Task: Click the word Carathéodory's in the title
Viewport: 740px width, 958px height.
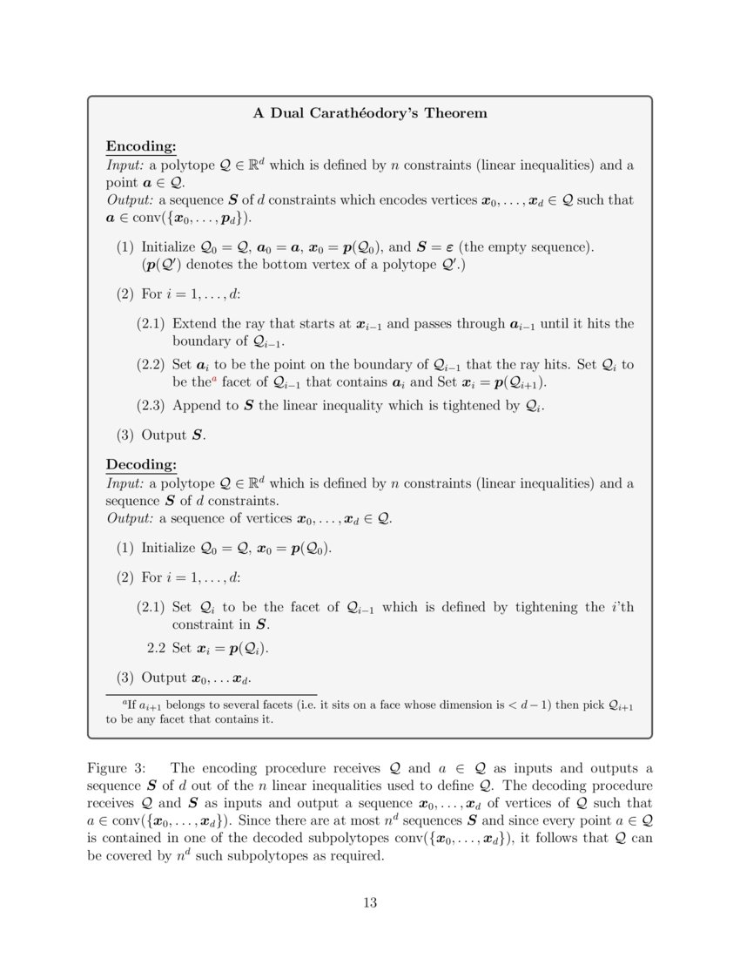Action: (381, 113)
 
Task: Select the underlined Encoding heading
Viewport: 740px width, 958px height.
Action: (141, 146)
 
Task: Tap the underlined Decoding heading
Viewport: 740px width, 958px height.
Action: (141, 464)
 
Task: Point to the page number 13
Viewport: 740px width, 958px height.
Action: (370, 902)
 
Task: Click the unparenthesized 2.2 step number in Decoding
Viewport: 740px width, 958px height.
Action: (157, 649)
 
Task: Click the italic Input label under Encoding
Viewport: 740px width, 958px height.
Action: (124, 165)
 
